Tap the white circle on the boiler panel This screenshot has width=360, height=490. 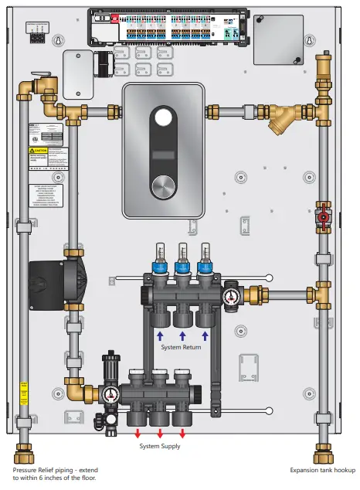click(163, 118)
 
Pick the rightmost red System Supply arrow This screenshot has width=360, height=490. click(182, 433)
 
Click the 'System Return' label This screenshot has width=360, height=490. click(182, 348)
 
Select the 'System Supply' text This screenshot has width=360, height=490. click(160, 447)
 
